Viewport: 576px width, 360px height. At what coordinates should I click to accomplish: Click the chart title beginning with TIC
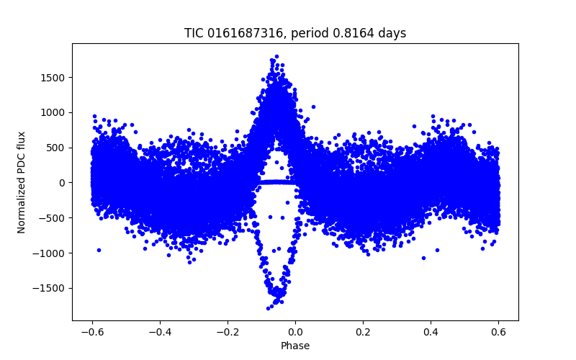(295, 33)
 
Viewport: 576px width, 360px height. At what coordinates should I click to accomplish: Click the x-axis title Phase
(295, 346)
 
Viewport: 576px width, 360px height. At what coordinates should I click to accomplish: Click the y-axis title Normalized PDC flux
(22, 181)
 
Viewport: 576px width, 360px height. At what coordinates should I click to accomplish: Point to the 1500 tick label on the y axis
(55, 78)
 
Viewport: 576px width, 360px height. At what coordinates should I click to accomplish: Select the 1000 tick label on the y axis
(55, 112)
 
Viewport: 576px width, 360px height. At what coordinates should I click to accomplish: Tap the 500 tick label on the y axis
(58, 148)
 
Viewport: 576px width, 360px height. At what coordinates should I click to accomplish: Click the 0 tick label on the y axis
(63, 183)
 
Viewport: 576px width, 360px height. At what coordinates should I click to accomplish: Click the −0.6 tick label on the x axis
(91, 332)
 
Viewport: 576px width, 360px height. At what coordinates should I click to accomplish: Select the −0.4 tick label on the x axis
(159, 332)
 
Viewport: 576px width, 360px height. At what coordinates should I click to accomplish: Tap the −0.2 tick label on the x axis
(227, 332)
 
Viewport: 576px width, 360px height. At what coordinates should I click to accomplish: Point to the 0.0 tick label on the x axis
(295, 332)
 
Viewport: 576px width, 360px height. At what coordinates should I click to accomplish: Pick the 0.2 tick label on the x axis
(363, 332)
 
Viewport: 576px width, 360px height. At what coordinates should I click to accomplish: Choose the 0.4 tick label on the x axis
(431, 332)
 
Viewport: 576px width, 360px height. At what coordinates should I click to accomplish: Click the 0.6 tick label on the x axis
(498, 332)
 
